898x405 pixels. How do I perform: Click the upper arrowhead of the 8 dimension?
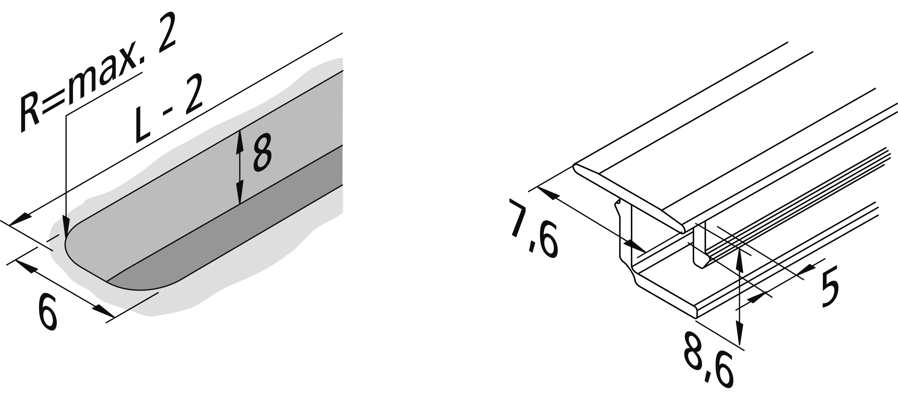pos(239,142)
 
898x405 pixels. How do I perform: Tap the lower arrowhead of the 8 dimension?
pos(239,193)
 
